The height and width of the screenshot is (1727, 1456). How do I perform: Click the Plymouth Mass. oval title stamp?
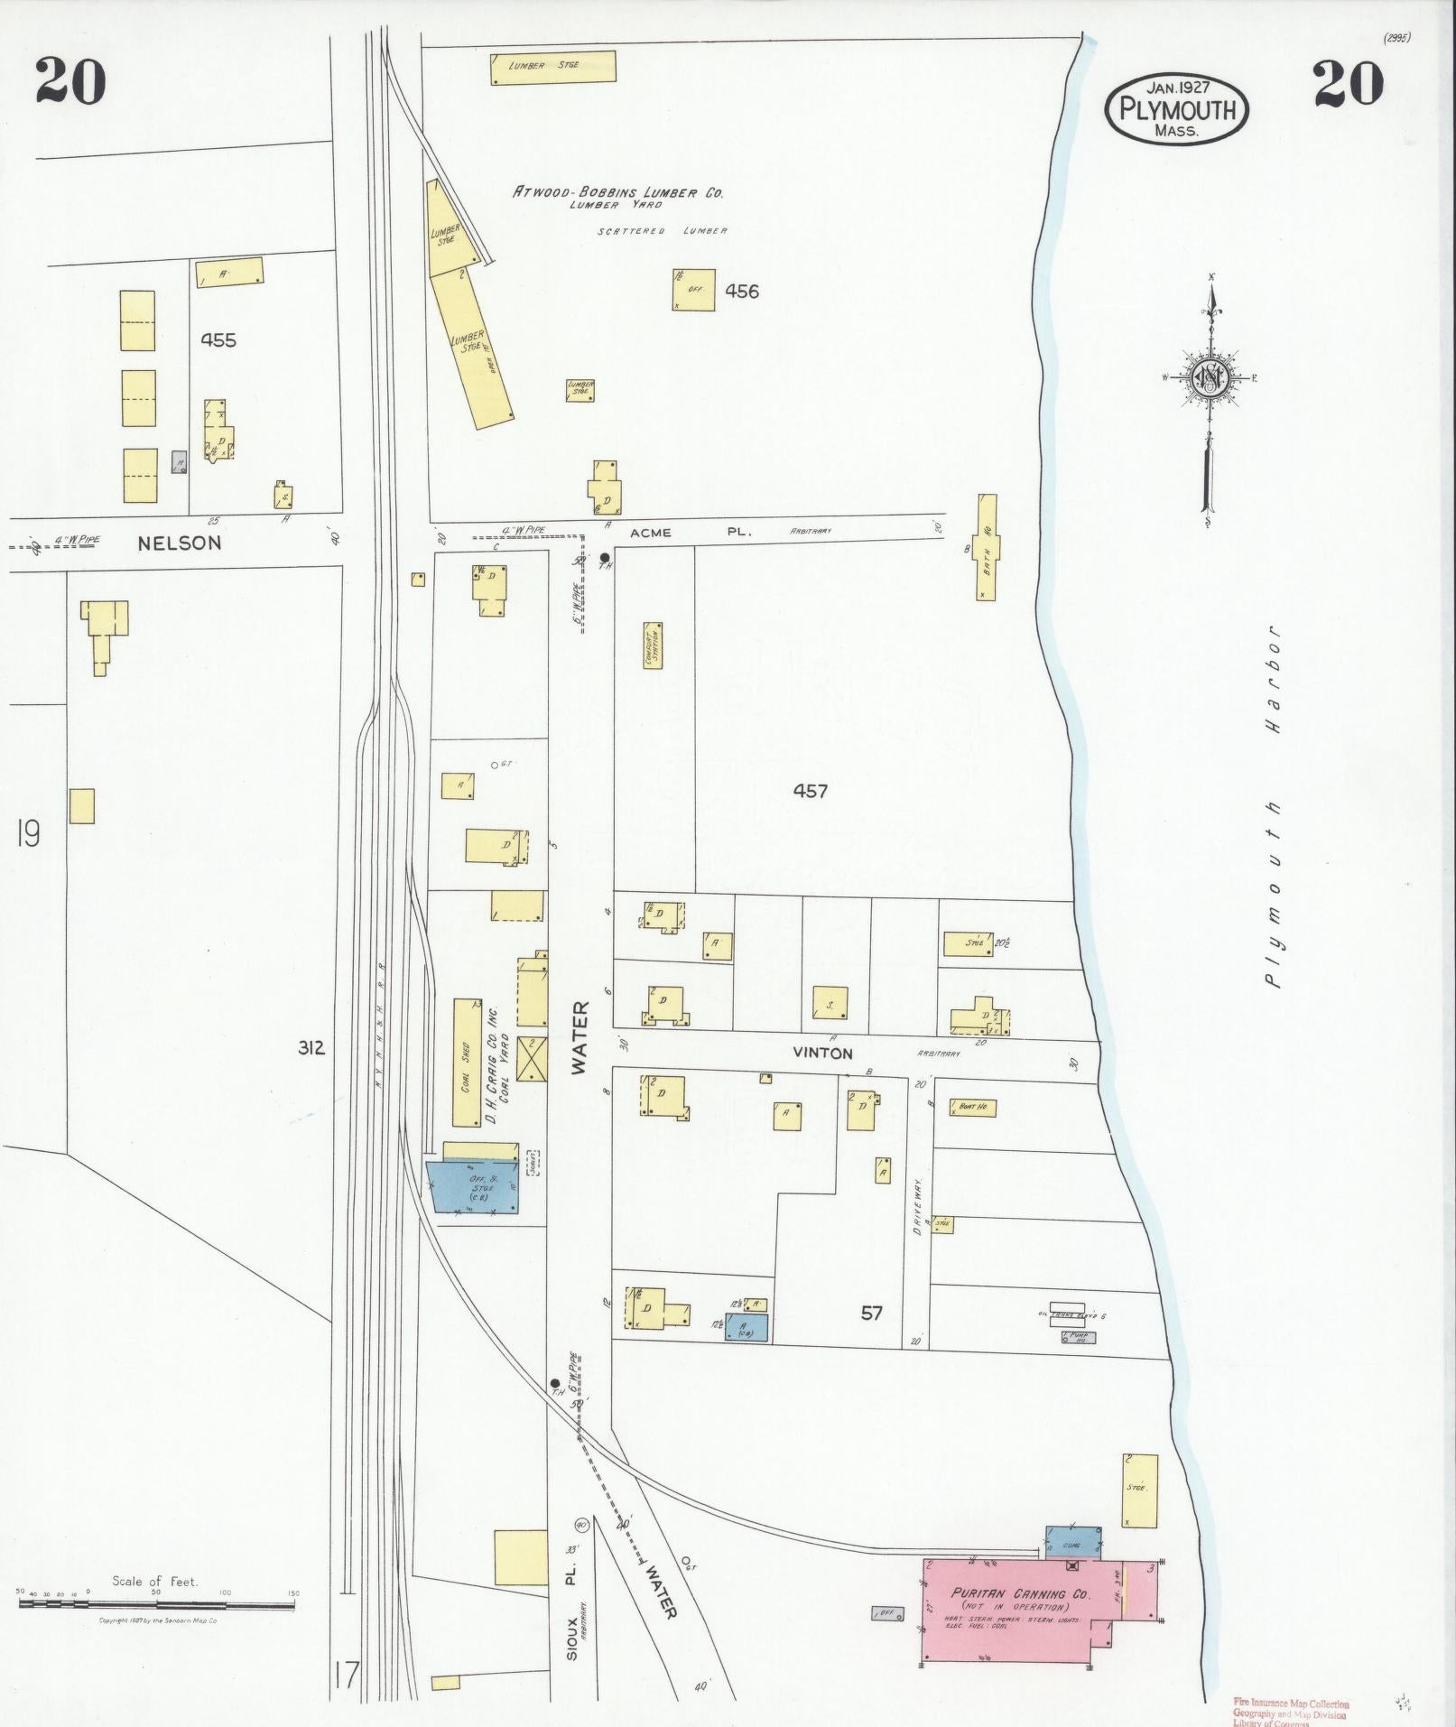(1177, 109)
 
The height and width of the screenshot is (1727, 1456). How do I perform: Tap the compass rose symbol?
(1209, 376)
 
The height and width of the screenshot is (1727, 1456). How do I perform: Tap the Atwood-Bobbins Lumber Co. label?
(618, 192)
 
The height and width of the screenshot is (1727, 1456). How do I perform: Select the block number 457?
(810, 791)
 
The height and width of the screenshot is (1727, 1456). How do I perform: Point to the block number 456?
(742, 291)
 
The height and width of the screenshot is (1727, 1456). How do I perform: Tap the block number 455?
(218, 340)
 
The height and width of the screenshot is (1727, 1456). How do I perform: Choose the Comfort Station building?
(653, 645)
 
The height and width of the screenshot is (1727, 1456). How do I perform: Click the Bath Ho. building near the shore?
(987, 547)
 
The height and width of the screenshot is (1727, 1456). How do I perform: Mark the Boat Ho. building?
(972, 1107)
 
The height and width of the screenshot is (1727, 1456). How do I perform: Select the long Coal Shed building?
(467, 1063)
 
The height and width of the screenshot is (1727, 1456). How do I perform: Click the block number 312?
(311, 1048)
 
